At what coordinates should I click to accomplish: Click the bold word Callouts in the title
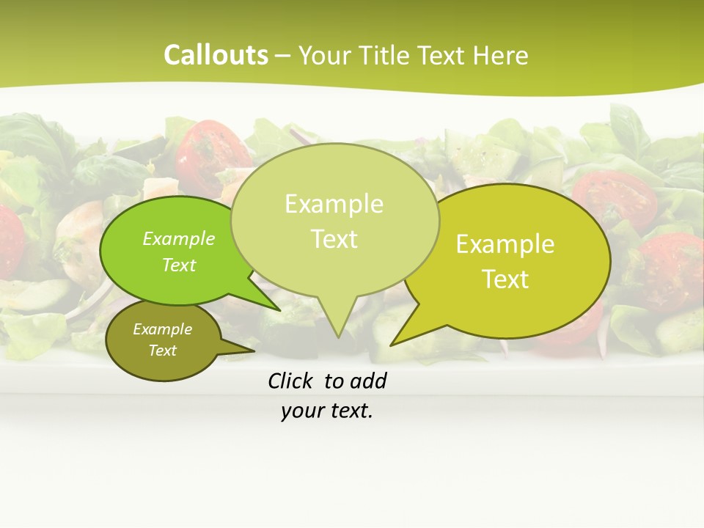(x=216, y=56)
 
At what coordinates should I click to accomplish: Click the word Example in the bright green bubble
(x=179, y=238)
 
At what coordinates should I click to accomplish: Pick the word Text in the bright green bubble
(x=179, y=265)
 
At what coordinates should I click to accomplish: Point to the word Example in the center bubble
(x=334, y=204)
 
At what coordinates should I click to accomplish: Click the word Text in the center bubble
(x=334, y=239)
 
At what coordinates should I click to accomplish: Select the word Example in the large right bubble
(x=505, y=244)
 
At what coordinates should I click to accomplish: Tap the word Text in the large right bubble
(x=505, y=279)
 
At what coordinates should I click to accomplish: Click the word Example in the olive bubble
(x=162, y=329)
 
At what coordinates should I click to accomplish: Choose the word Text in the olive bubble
(x=162, y=351)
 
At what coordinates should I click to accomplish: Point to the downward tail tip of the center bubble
(x=337, y=337)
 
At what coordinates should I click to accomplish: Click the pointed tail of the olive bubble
(x=253, y=351)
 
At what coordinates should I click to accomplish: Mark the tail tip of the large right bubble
(x=392, y=344)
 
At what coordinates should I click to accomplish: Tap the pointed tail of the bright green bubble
(x=279, y=310)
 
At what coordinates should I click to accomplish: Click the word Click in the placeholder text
(x=291, y=381)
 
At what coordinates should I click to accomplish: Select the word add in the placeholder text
(x=368, y=381)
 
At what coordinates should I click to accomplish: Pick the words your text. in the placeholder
(x=327, y=411)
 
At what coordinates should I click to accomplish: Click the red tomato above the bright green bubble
(x=213, y=150)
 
